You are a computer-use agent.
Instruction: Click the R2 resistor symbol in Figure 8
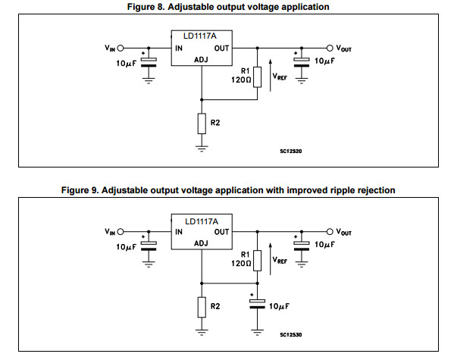[202, 124]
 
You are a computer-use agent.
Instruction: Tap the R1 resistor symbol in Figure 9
[258, 261]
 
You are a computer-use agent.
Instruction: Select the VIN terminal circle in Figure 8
[121, 48]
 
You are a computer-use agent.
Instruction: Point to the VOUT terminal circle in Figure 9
[330, 232]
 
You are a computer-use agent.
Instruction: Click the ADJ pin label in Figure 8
[201, 60]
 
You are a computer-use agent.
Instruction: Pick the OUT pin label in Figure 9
[221, 232]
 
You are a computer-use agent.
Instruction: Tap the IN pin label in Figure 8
[179, 49]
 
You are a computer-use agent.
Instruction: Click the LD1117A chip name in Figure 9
[202, 221]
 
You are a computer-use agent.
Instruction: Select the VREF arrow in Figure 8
[271, 75]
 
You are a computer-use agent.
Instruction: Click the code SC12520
[291, 151]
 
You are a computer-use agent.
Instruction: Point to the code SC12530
[291, 335]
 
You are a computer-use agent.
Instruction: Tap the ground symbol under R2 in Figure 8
[202, 149]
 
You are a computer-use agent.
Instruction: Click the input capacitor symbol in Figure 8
[149, 63]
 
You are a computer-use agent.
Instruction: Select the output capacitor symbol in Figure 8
[302, 63]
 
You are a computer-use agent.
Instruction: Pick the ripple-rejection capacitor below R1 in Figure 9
[258, 304]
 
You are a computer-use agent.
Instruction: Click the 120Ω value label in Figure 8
[241, 80]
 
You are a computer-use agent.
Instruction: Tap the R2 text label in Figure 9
[215, 306]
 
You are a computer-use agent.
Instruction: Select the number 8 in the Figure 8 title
[161, 7]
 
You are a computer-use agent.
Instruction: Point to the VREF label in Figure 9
[280, 260]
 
